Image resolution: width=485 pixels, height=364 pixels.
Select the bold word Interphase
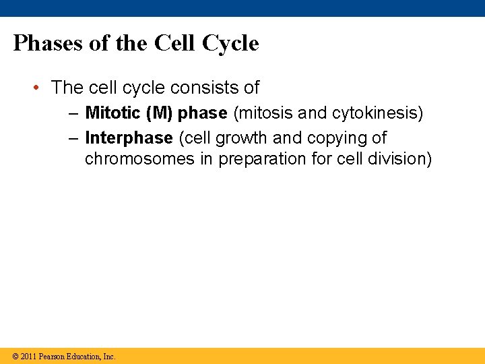[129, 138]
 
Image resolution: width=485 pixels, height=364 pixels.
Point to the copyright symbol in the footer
[15, 357]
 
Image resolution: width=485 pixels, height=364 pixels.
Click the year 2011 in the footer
[29, 357]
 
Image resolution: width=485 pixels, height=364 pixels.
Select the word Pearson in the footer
[52, 357]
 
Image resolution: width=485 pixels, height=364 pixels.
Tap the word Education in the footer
[85, 357]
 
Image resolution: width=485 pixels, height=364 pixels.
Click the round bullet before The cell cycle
[40, 88]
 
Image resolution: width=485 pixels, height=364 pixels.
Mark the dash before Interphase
[73, 139]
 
